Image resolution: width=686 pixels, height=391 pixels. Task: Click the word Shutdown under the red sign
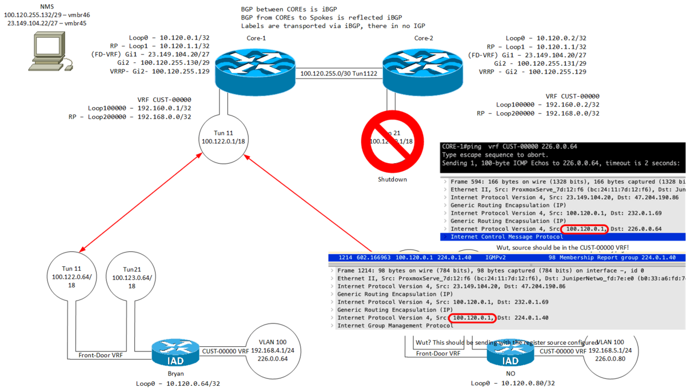click(392, 179)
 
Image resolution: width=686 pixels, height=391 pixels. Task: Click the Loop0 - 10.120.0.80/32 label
click(512, 383)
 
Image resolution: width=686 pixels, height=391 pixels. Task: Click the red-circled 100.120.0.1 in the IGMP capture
click(472, 318)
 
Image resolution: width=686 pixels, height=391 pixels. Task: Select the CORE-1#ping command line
click(509, 147)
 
